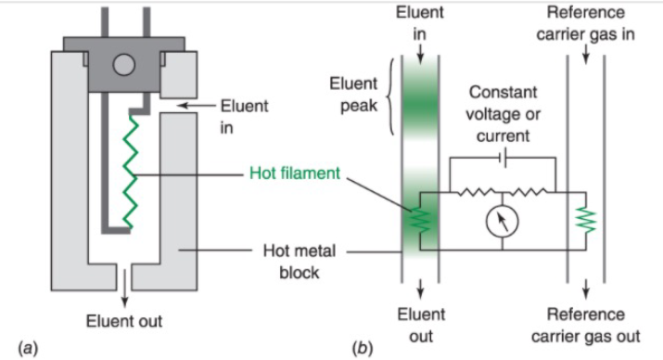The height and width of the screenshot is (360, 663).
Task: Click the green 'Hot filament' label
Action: click(x=294, y=173)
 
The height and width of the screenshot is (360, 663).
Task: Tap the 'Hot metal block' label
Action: click(x=300, y=262)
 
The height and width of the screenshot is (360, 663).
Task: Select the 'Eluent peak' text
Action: click(x=353, y=95)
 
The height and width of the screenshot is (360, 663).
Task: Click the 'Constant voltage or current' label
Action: click(x=503, y=114)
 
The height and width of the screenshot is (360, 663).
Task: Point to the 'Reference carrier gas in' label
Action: click(x=586, y=23)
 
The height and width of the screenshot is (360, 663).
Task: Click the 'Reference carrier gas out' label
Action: click(x=586, y=326)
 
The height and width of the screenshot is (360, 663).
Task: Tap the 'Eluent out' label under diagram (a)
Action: click(x=124, y=321)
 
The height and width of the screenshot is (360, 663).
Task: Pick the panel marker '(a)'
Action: click(x=28, y=348)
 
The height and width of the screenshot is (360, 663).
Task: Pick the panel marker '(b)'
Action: click(x=363, y=348)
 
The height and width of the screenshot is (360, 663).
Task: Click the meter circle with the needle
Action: click(x=503, y=221)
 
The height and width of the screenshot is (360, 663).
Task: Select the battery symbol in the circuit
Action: click(x=504, y=159)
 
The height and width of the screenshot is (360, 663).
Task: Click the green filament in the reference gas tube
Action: click(x=586, y=220)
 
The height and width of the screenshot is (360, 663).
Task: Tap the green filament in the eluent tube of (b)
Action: click(x=420, y=220)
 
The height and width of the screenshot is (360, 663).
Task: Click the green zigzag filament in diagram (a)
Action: click(x=130, y=173)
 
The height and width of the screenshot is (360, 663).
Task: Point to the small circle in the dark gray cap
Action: click(x=124, y=65)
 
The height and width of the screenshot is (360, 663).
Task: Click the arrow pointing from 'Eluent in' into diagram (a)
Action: click(x=196, y=106)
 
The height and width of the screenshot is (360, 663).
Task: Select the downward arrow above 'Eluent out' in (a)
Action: click(x=124, y=288)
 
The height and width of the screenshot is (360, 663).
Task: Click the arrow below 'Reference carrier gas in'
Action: click(x=586, y=54)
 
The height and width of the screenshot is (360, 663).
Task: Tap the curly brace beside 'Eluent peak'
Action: click(x=391, y=96)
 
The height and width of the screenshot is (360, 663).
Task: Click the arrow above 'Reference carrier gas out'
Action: click(x=586, y=289)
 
